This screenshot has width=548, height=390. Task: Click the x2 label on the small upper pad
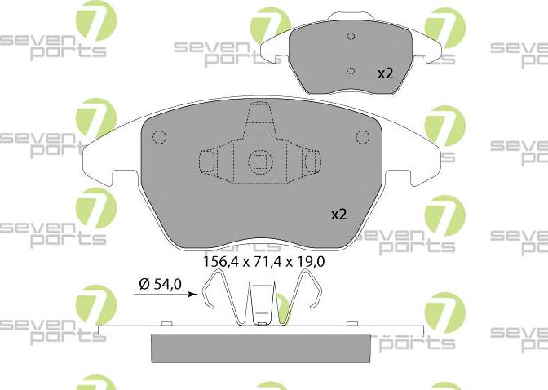pos(385,73)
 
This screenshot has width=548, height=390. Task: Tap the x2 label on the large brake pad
pos(338,215)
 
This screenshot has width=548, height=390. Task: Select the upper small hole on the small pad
pos(351,36)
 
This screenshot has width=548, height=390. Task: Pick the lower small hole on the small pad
pos(351,70)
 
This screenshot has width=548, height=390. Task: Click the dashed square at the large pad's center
pos(259,161)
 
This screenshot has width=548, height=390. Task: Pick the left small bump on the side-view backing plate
pos(166,326)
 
